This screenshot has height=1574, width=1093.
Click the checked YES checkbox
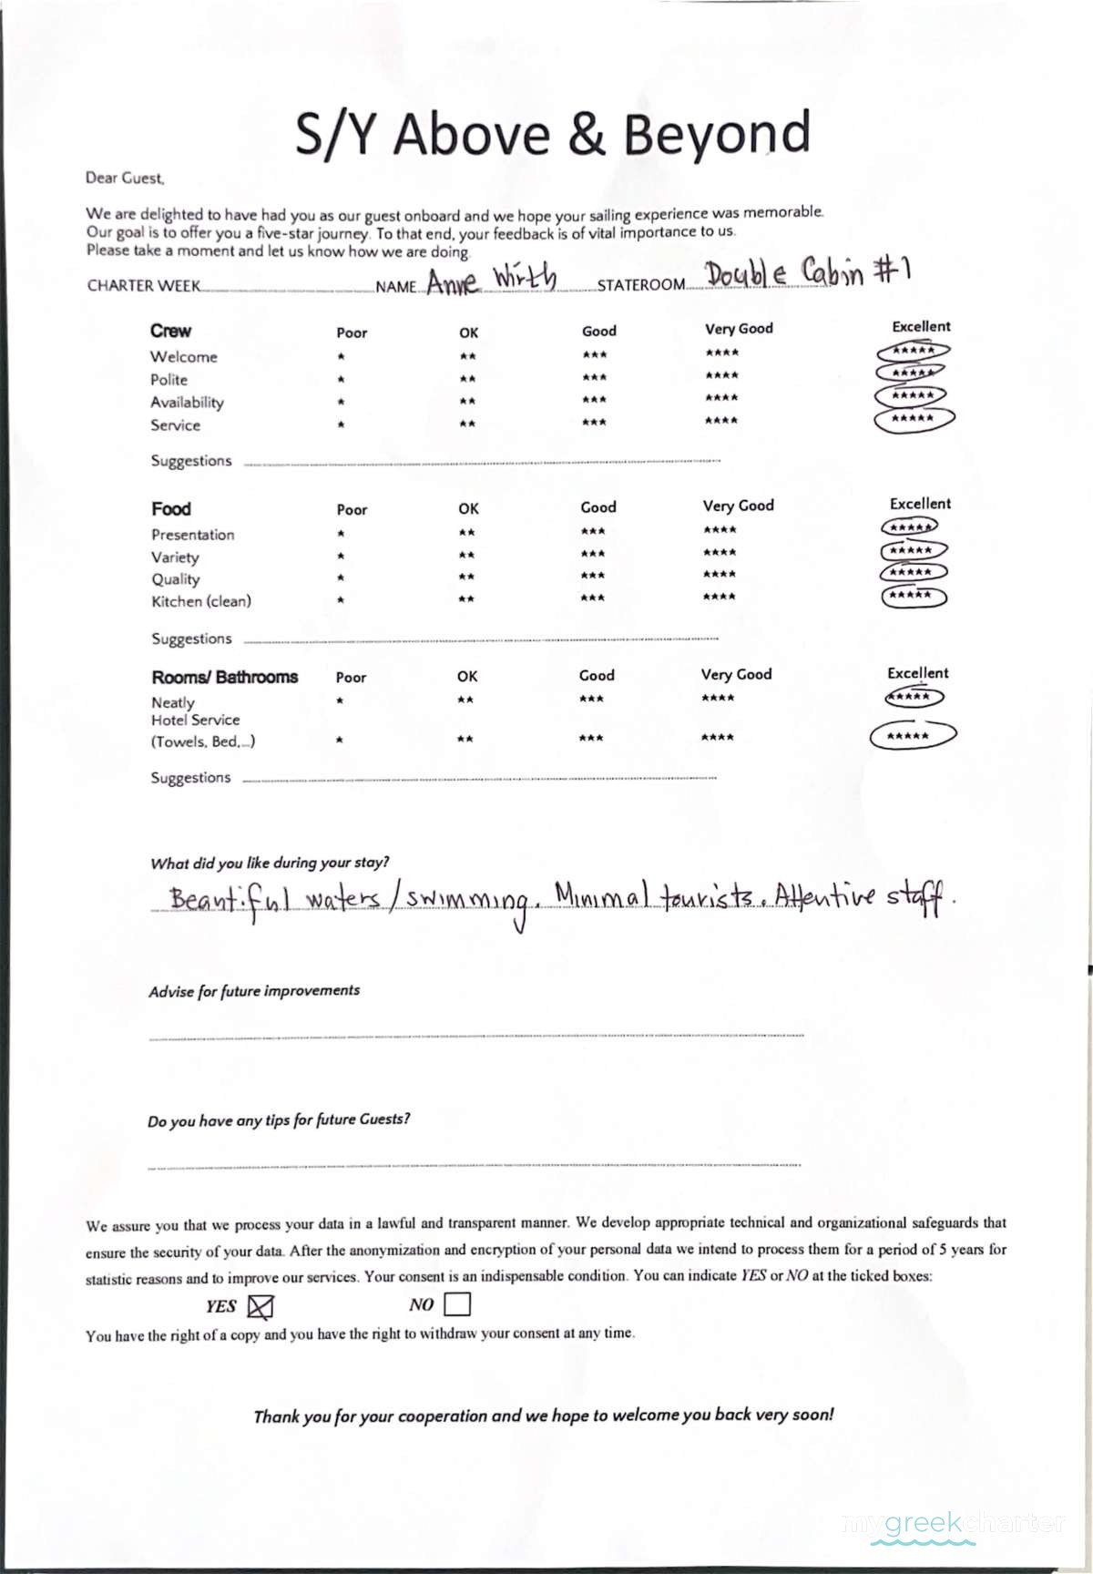(260, 1307)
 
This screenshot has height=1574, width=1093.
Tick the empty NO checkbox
(457, 1305)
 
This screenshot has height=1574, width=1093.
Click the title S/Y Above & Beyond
(552, 133)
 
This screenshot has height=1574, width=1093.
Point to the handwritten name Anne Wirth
(492, 280)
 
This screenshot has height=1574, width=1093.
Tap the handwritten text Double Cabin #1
(808, 271)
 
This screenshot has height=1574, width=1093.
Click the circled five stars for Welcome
(914, 351)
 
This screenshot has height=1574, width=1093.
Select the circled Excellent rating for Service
(914, 419)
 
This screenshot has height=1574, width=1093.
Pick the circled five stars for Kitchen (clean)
(914, 597)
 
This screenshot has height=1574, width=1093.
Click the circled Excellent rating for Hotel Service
(912, 736)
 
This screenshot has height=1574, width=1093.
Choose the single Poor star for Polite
(340, 379)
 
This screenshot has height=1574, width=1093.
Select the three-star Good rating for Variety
(592, 554)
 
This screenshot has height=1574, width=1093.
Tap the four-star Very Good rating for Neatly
(718, 699)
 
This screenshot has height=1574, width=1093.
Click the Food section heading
(171, 509)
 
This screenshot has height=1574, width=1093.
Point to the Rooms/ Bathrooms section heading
(224, 678)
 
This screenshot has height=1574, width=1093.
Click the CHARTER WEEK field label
(144, 286)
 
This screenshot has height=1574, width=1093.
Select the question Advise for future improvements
(254, 991)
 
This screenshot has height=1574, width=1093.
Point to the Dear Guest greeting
(125, 179)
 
